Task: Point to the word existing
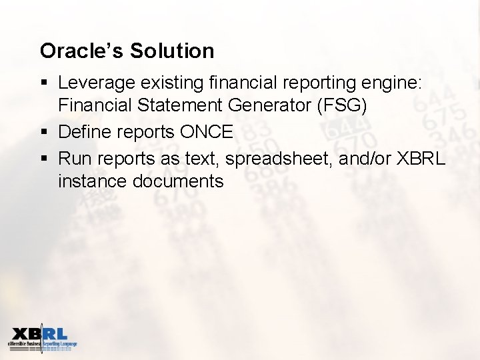click(x=173, y=83)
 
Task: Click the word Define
click(x=85, y=132)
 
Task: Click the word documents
click(x=181, y=181)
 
